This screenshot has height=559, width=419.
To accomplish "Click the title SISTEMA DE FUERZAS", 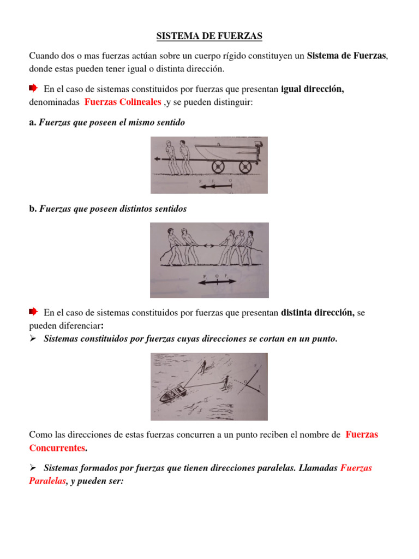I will click(x=209, y=37).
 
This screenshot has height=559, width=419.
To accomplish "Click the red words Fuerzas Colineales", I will click(x=123, y=102).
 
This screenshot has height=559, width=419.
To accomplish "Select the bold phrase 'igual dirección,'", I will click(x=312, y=89).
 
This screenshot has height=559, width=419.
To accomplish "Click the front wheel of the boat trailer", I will click(x=218, y=166).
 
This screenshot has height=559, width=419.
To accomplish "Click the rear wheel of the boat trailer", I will click(x=244, y=166).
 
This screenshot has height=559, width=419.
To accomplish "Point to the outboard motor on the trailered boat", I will click(x=256, y=151).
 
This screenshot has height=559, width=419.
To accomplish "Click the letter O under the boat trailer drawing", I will click(x=230, y=179).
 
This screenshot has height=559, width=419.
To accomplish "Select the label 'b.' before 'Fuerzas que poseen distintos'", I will click(x=32, y=209).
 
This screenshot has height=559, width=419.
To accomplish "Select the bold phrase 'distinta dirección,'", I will click(x=318, y=313).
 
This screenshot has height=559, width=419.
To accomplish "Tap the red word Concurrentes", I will click(x=57, y=448).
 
